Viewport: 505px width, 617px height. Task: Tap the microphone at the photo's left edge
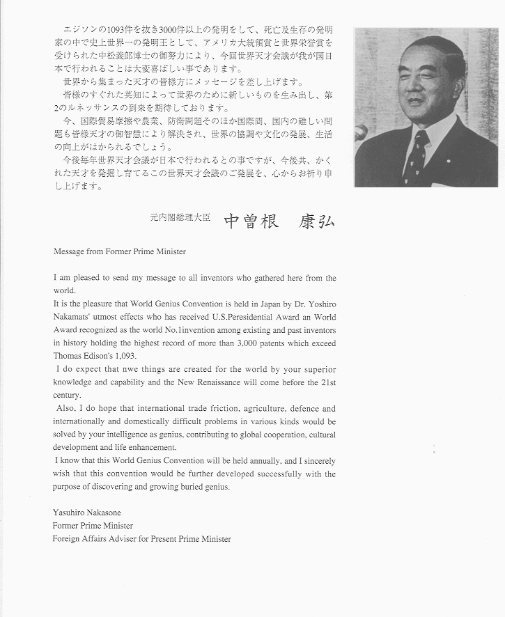pyautogui.click(x=359, y=132)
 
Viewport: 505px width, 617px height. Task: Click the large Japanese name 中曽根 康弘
pyautogui.click(x=279, y=221)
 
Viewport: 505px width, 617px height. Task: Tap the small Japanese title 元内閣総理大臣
pyautogui.click(x=180, y=217)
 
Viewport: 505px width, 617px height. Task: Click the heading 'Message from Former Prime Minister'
pyautogui.click(x=120, y=251)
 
